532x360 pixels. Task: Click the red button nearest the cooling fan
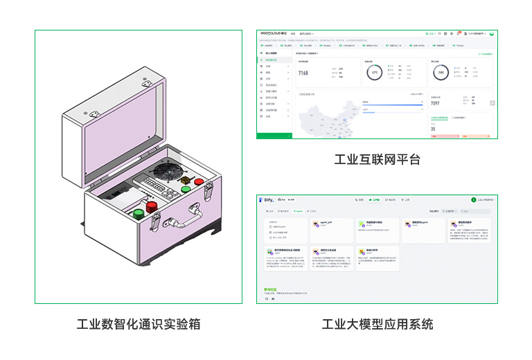click(199, 182)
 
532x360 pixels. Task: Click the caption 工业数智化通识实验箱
click(139, 324)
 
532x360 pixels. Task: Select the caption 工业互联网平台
click(377, 160)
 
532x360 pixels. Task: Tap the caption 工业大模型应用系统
click(377, 324)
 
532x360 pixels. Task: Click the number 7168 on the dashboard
click(303, 73)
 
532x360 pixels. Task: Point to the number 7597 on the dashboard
click(435, 103)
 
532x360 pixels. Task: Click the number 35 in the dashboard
click(433, 129)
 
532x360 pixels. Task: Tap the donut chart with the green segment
click(375, 72)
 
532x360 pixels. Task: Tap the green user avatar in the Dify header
click(474, 199)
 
